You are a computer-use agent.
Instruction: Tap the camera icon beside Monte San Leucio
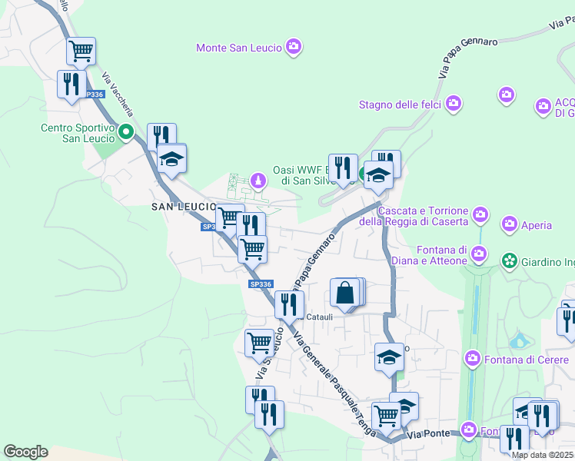[294, 48]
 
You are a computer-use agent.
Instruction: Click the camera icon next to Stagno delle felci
[454, 102]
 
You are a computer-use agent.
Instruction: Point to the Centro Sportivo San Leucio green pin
[128, 132]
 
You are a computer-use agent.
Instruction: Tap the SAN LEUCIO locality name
[182, 207]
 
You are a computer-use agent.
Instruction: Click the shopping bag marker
[345, 294]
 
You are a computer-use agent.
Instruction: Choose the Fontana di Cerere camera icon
[473, 358]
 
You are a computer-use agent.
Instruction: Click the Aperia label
[537, 225]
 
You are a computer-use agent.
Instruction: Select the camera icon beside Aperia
[509, 224]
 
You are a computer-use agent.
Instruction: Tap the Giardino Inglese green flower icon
[508, 261]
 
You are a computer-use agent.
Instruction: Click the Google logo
[25, 452]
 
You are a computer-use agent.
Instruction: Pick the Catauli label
[320, 317]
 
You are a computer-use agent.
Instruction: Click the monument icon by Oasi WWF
[258, 181]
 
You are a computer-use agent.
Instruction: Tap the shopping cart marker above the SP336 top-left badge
[81, 51]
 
